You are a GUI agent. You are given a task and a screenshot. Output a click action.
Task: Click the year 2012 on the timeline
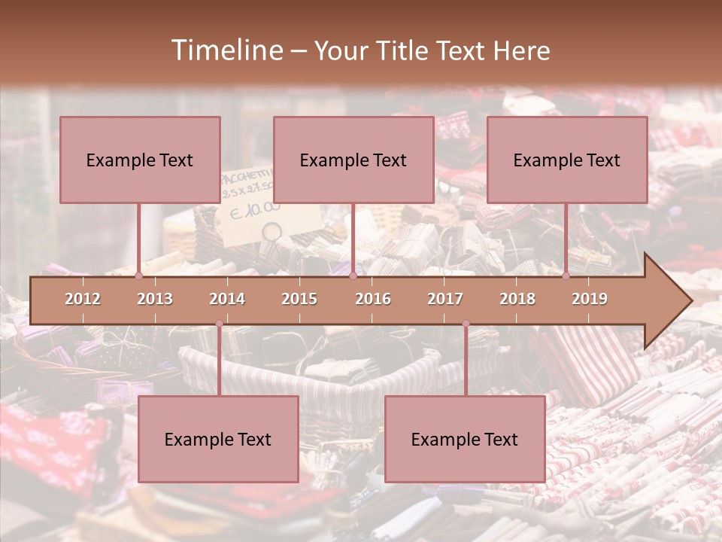click(x=83, y=299)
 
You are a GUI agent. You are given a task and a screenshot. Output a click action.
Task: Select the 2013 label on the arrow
click(x=155, y=299)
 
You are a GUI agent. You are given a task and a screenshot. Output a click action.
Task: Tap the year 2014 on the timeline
click(x=227, y=299)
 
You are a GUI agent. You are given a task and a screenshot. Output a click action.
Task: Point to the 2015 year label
click(x=299, y=299)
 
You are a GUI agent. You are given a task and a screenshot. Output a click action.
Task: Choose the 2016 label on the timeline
click(x=373, y=299)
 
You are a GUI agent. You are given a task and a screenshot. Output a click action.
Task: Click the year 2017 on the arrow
click(x=445, y=299)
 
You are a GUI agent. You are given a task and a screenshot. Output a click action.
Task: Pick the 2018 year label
click(x=517, y=299)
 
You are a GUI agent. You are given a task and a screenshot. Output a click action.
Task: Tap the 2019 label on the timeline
click(x=590, y=299)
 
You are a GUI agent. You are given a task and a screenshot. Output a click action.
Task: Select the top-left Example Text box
click(x=140, y=160)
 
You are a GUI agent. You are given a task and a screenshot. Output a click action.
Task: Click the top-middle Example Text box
click(x=353, y=160)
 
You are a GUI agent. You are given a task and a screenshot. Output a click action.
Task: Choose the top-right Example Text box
click(x=567, y=160)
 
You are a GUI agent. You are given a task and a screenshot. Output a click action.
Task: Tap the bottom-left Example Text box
click(x=218, y=439)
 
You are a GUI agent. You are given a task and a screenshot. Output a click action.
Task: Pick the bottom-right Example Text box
click(x=465, y=439)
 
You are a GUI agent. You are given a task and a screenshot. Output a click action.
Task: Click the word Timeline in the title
click(x=225, y=50)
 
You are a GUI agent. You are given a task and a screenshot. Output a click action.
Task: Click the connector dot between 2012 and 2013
click(x=139, y=276)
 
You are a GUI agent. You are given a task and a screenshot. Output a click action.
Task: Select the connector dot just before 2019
click(x=566, y=276)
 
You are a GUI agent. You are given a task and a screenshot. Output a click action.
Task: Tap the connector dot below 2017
click(x=466, y=324)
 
